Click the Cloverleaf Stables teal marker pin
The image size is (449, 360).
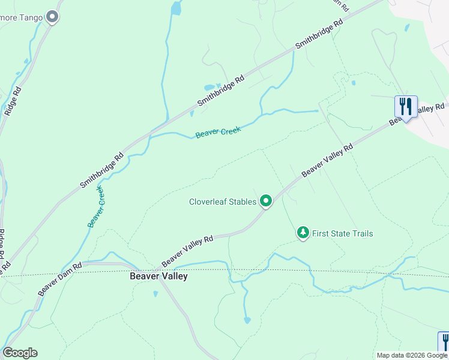tap(266, 202)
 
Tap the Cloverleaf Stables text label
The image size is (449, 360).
tap(223, 202)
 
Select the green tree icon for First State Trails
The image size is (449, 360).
tap(303, 233)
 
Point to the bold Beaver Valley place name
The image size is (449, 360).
tap(158, 277)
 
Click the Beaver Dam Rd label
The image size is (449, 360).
tap(60, 278)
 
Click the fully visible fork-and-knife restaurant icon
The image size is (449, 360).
tap(406, 107)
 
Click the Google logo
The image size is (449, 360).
tap(20, 353)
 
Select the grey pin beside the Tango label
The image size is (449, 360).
tap(52, 17)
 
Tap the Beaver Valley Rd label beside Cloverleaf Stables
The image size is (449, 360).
tap(327, 160)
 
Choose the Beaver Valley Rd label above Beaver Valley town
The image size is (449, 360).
tap(187, 251)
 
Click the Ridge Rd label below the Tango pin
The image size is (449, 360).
tap(12, 101)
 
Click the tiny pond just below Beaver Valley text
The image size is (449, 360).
tap(155, 294)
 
